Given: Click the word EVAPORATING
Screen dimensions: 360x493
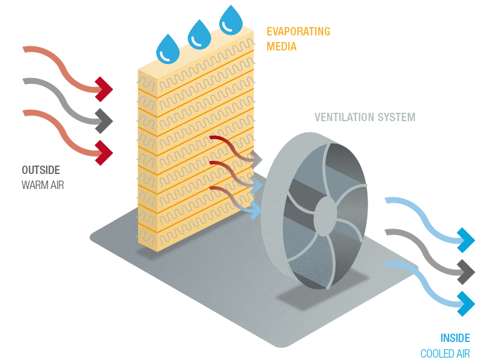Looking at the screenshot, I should [x=298, y=31].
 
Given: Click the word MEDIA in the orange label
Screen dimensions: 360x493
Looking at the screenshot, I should [x=282, y=46].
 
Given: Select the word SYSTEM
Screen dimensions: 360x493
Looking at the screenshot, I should [x=395, y=117].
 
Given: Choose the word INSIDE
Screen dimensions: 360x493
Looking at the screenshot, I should [x=455, y=338].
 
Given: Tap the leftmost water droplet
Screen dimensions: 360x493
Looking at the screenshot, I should [x=168, y=48].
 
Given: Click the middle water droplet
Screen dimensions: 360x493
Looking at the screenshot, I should [x=200, y=34].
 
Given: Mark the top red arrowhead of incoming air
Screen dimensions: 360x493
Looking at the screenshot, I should [x=104, y=89].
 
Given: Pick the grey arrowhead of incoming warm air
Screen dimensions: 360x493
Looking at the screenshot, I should [x=104, y=120].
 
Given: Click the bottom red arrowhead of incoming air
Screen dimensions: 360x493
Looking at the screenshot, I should [x=104, y=149].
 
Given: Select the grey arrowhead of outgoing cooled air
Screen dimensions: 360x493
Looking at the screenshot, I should [x=466, y=272].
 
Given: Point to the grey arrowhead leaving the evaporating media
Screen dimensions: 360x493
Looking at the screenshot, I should [x=257, y=160].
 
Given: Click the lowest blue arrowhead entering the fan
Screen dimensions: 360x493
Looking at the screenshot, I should [x=255, y=210].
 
